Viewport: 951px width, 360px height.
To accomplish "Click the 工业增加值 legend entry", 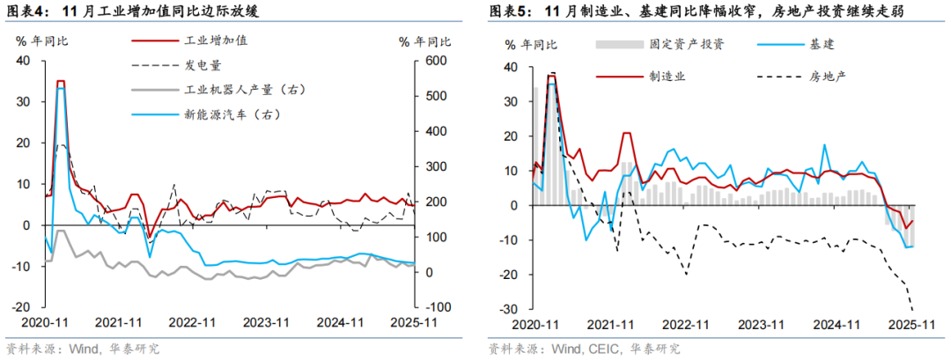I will (x=217, y=41).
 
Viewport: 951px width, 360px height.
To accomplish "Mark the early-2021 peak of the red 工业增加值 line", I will (x=61, y=81).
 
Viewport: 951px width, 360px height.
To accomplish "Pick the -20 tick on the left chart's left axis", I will (x=20, y=307).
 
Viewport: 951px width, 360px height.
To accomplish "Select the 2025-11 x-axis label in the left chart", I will (x=415, y=323).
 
